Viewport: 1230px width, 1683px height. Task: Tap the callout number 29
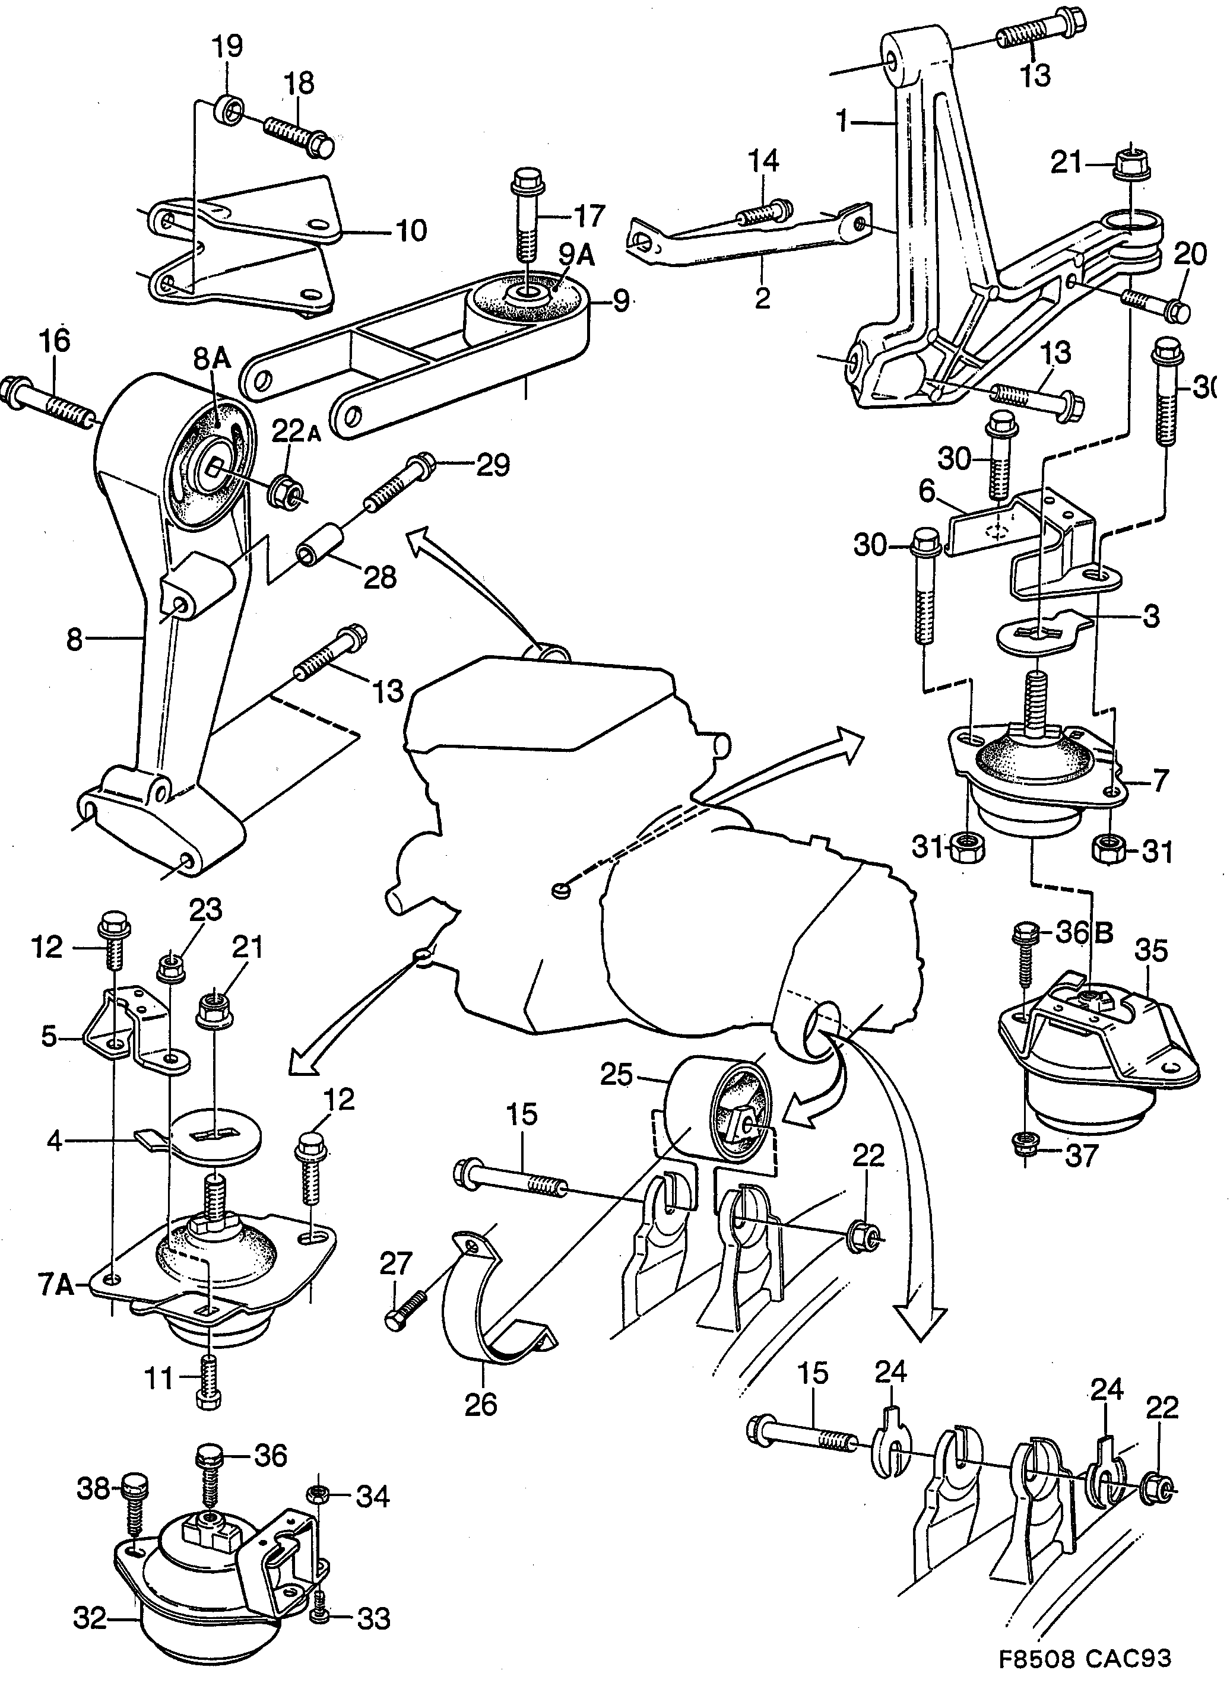click(x=492, y=466)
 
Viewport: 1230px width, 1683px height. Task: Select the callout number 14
click(x=763, y=160)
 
